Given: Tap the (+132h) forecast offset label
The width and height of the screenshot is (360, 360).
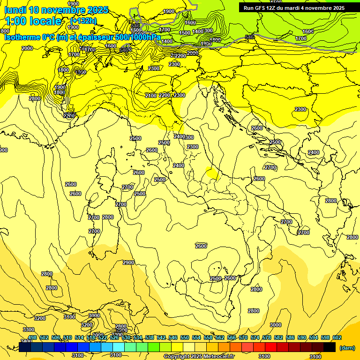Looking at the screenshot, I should click(x=83, y=21).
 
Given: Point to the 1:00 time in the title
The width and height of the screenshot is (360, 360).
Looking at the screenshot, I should click(x=16, y=21).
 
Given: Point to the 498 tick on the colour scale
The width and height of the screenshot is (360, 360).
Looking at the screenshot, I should click(x=32, y=337).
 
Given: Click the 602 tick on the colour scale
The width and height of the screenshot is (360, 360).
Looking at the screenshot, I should click(x=337, y=337).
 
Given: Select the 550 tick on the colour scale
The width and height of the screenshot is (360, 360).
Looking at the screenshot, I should click(x=185, y=337).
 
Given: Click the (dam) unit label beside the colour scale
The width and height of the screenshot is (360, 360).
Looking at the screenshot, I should click(x=346, y=347).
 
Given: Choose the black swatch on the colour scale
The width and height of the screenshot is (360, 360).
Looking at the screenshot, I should click(x=330, y=347).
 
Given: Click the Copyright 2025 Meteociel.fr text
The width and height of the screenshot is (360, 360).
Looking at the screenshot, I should click(x=199, y=357).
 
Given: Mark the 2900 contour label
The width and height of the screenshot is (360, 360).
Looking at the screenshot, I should click(x=128, y=262).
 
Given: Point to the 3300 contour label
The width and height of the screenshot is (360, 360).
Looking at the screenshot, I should click(x=29, y=330).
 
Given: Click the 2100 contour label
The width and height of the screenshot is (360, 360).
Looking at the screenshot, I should click(x=151, y=96).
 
